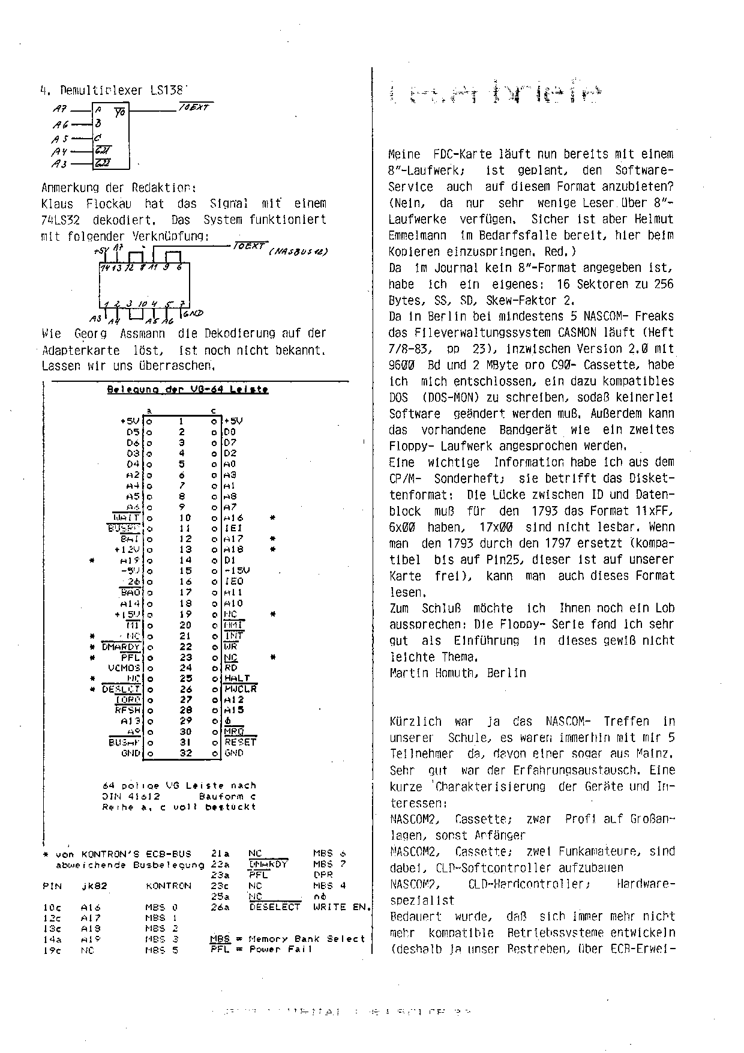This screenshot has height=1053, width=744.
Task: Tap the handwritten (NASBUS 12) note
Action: pyautogui.click(x=298, y=251)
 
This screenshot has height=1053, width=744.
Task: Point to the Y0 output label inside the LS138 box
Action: pyautogui.click(x=119, y=112)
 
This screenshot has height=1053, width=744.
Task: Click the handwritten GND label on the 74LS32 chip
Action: pyautogui.click(x=193, y=313)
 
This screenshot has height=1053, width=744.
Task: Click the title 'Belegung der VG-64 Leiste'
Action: pyautogui.click(x=187, y=389)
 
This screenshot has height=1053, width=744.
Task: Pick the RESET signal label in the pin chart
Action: pyautogui.click(x=240, y=742)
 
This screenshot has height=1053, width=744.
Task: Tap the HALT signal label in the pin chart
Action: pyautogui.click(x=237, y=678)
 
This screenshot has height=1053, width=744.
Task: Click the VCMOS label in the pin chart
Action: pyautogui.click(x=124, y=668)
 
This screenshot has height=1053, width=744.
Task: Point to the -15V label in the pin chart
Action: pyautogui.click(x=237, y=571)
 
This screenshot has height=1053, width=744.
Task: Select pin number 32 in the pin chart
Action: pyautogui.click(x=186, y=753)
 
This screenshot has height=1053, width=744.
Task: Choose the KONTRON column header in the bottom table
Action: pyautogui.click(x=169, y=886)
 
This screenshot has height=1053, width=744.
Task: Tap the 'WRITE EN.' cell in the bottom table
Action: pyautogui.click(x=342, y=907)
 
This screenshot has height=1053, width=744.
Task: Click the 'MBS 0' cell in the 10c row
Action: pyautogui.click(x=161, y=908)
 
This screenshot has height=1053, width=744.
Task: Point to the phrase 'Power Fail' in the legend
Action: pyautogui.click(x=281, y=949)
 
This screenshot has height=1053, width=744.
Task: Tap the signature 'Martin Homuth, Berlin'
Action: pyautogui.click(x=458, y=673)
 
